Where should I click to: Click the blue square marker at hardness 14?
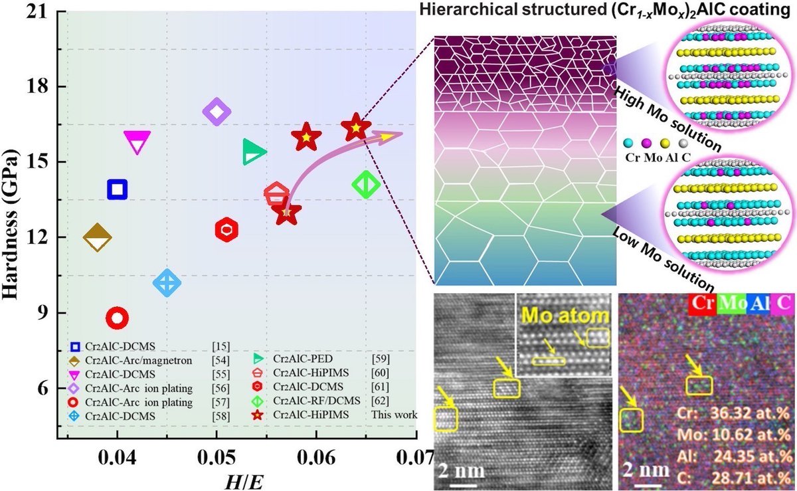[118, 189]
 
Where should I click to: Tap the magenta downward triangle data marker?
[137, 142]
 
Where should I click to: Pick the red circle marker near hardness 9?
[118, 318]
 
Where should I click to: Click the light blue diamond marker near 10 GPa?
[167, 282]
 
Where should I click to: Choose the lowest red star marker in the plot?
[286, 213]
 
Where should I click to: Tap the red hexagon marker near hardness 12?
[227, 230]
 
